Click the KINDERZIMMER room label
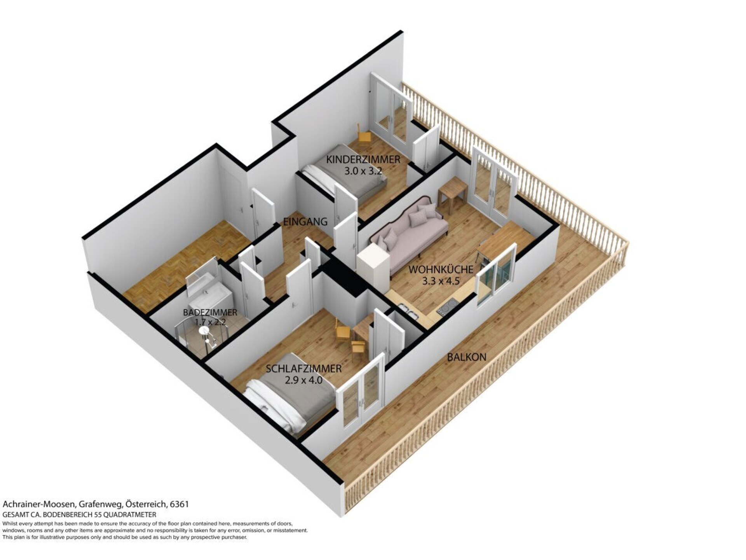click(363, 159)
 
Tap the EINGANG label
click(305, 222)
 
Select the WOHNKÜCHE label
click(441, 269)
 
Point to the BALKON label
click(466, 357)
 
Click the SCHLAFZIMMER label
click(303, 369)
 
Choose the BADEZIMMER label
click(210, 312)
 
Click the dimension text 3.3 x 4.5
click(441, 281)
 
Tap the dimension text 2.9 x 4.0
click(303, 380)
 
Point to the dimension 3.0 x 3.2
click(363, 171)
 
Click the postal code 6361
click(180, 504)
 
